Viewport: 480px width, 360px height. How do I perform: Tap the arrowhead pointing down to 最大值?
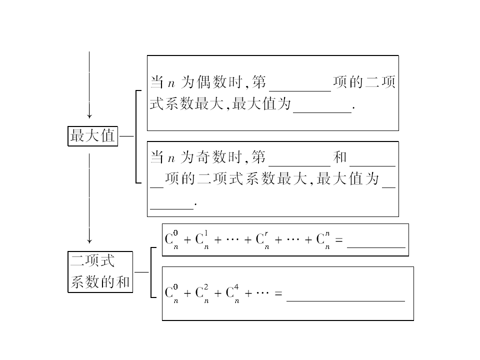tap(89, 115)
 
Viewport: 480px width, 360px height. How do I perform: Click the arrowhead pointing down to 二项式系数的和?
tap(89, 240)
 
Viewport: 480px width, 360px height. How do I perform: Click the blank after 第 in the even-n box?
tap(300, 91)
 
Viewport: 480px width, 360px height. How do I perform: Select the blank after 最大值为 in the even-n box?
tap(322, 112)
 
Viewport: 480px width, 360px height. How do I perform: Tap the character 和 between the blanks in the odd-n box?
tap(340, 157)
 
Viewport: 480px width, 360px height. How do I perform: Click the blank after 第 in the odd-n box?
tap(299, 166)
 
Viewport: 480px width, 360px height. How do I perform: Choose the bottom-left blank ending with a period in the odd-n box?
tap(171, 209)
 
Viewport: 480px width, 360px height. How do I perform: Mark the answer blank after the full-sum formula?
tap(376, 247)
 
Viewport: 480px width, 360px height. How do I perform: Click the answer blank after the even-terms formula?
tap(345, 301)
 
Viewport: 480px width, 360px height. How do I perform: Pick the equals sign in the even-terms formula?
tap(278, 293)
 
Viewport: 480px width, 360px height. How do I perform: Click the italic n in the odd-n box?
tap(171, 159)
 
